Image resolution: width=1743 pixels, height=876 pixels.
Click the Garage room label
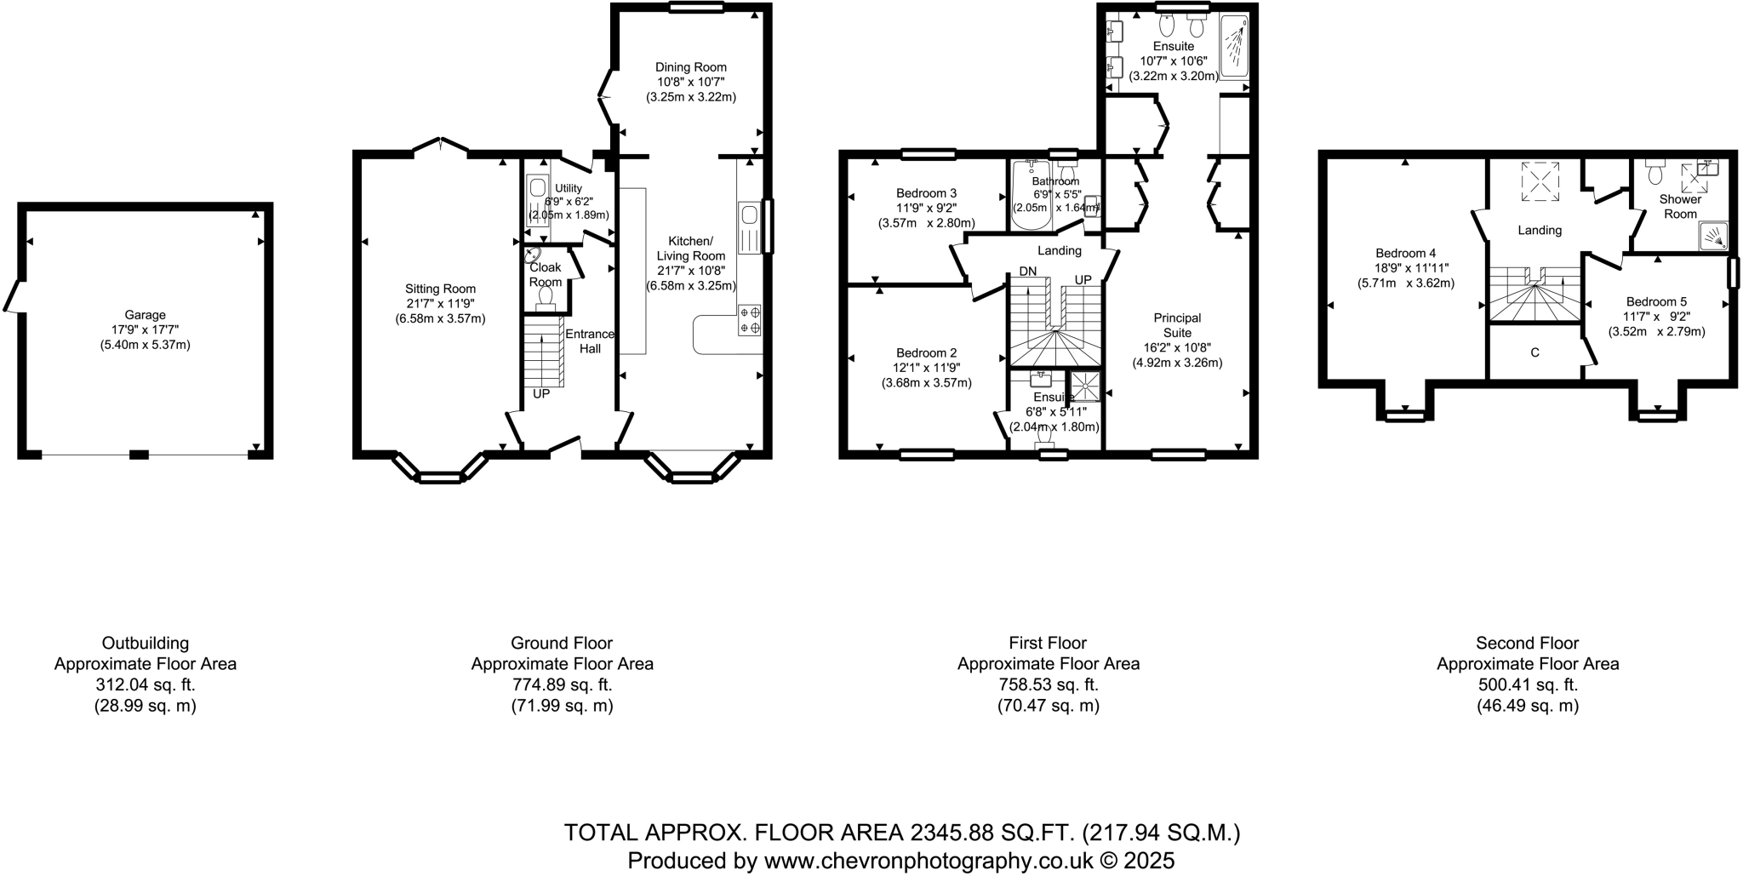point(145,315)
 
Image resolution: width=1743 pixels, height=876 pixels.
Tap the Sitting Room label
point(440,289)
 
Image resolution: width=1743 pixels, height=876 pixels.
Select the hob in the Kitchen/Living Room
point(750,319)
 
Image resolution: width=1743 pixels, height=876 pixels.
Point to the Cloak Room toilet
point(546,297)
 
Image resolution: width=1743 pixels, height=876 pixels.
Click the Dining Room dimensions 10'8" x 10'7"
point(691,83)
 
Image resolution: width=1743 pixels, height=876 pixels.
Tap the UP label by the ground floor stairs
point(541,394)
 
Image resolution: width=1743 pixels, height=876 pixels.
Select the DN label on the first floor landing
point(1028,272)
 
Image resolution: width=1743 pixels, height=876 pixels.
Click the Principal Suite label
point(1177,325)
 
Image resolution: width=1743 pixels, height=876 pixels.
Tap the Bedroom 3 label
point(926,193)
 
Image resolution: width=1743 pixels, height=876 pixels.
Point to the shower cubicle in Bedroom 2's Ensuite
point(1084,386)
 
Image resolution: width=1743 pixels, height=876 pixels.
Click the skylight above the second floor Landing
point(1540,181)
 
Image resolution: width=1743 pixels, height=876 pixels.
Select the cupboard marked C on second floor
point(1534,352)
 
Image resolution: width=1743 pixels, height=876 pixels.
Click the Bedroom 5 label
point(1655,301)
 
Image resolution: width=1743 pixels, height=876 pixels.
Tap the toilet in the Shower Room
point(1655,174)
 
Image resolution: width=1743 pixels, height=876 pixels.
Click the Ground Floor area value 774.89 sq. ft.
point(562,684)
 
